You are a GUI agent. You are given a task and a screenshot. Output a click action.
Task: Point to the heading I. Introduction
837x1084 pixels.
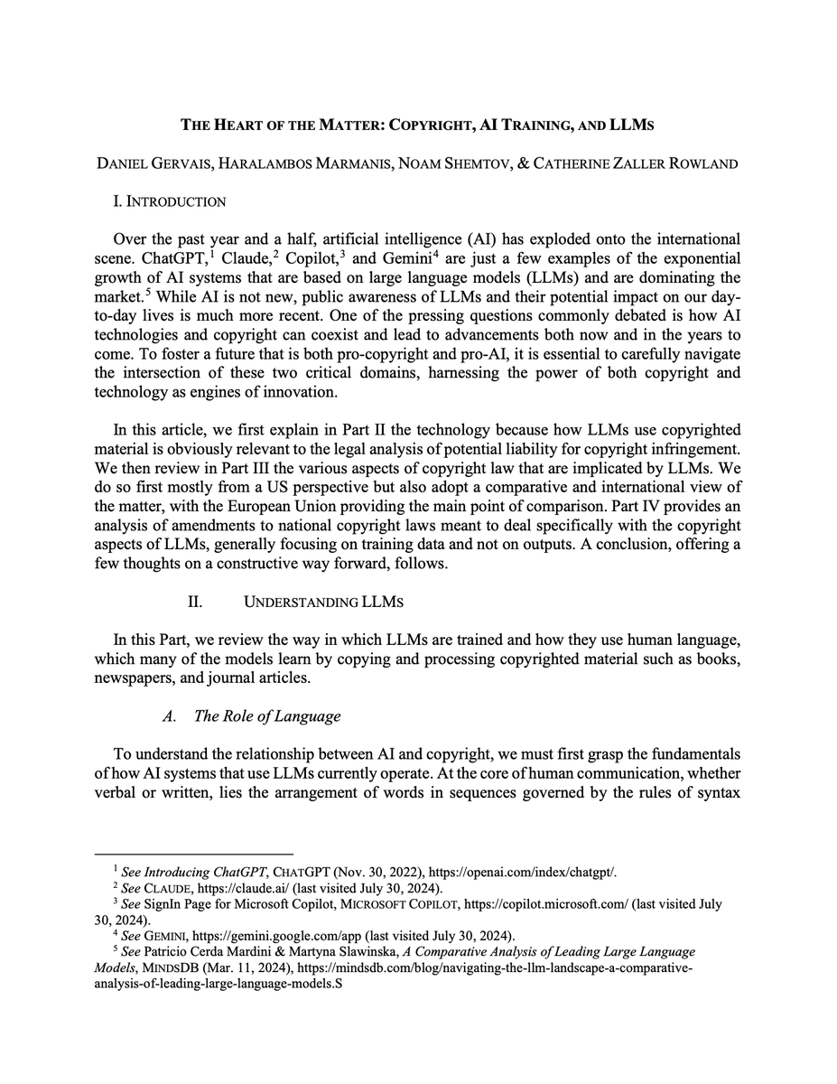169,201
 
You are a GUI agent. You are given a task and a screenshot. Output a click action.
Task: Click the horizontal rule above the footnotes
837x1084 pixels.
193,854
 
